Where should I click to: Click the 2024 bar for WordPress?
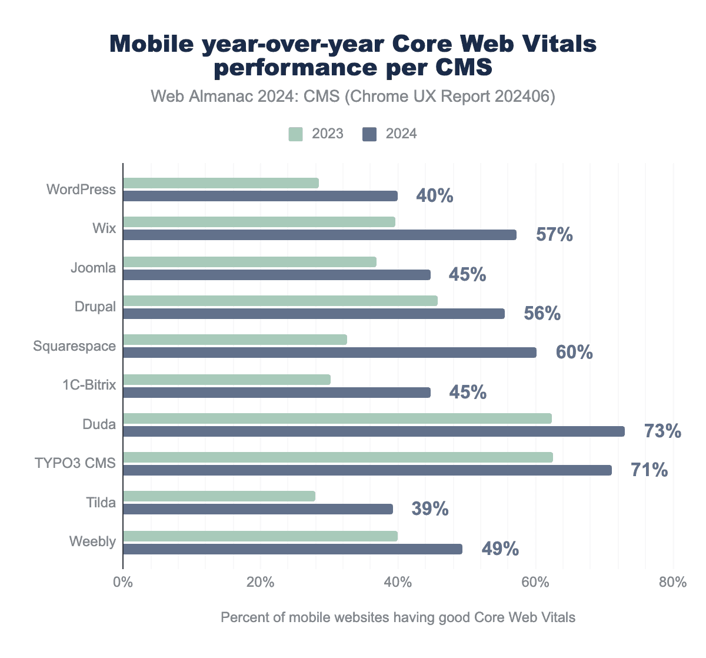[260, 196]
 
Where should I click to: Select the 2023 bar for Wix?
[259, 222]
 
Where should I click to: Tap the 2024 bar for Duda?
[374, 431]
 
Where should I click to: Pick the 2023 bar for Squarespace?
[235, 340]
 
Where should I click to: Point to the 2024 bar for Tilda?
[258, 509]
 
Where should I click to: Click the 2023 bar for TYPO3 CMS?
[338, 457]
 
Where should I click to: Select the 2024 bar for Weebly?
[292, 549]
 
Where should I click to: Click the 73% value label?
[662, 431]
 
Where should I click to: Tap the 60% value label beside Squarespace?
[574, 353]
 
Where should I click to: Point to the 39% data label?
[430, 509]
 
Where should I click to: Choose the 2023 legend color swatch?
[295, 134]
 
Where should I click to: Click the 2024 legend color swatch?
[369, 134]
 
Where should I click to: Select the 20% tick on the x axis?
[260, 583]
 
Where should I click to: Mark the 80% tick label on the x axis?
[672, 583]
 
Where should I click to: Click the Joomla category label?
[93, 268]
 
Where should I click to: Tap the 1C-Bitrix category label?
[90, 385]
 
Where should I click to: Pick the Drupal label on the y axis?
[95, 307]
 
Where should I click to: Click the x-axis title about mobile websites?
[398, 617]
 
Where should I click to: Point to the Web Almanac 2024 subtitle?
[353, 97]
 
